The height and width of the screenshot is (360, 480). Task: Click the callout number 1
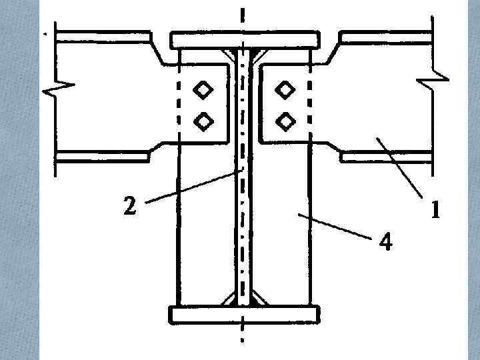(x=434, y=211)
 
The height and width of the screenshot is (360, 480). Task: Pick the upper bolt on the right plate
(x=285, y=89)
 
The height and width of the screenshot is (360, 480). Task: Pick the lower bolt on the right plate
(x=285, y=121)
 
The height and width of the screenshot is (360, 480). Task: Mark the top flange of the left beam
(x=107, y=38)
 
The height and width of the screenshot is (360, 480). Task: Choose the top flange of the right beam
(x=383, y=38)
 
